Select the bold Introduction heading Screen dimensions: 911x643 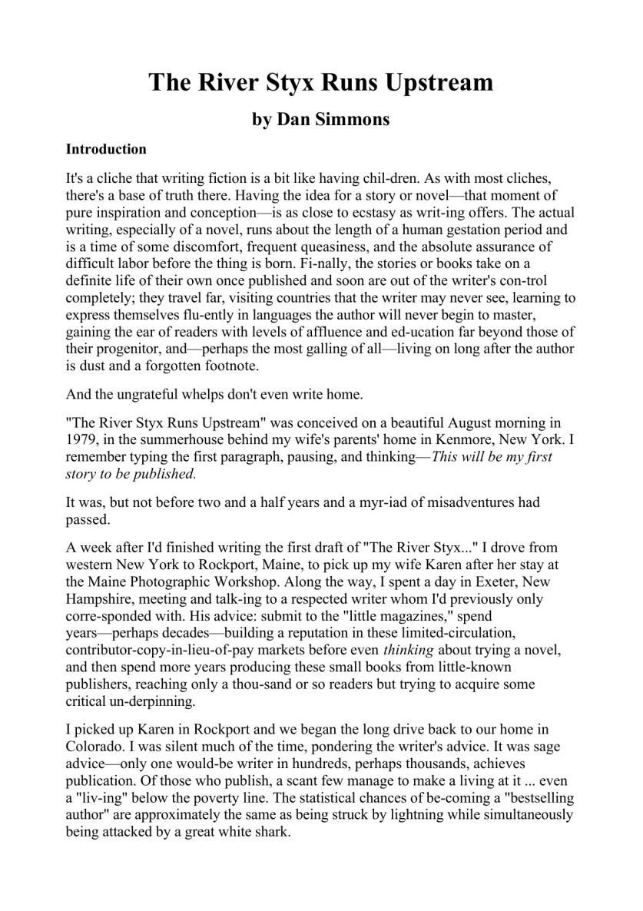click(x=106, y=149)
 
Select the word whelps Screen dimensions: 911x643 click(x=217, y=395)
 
